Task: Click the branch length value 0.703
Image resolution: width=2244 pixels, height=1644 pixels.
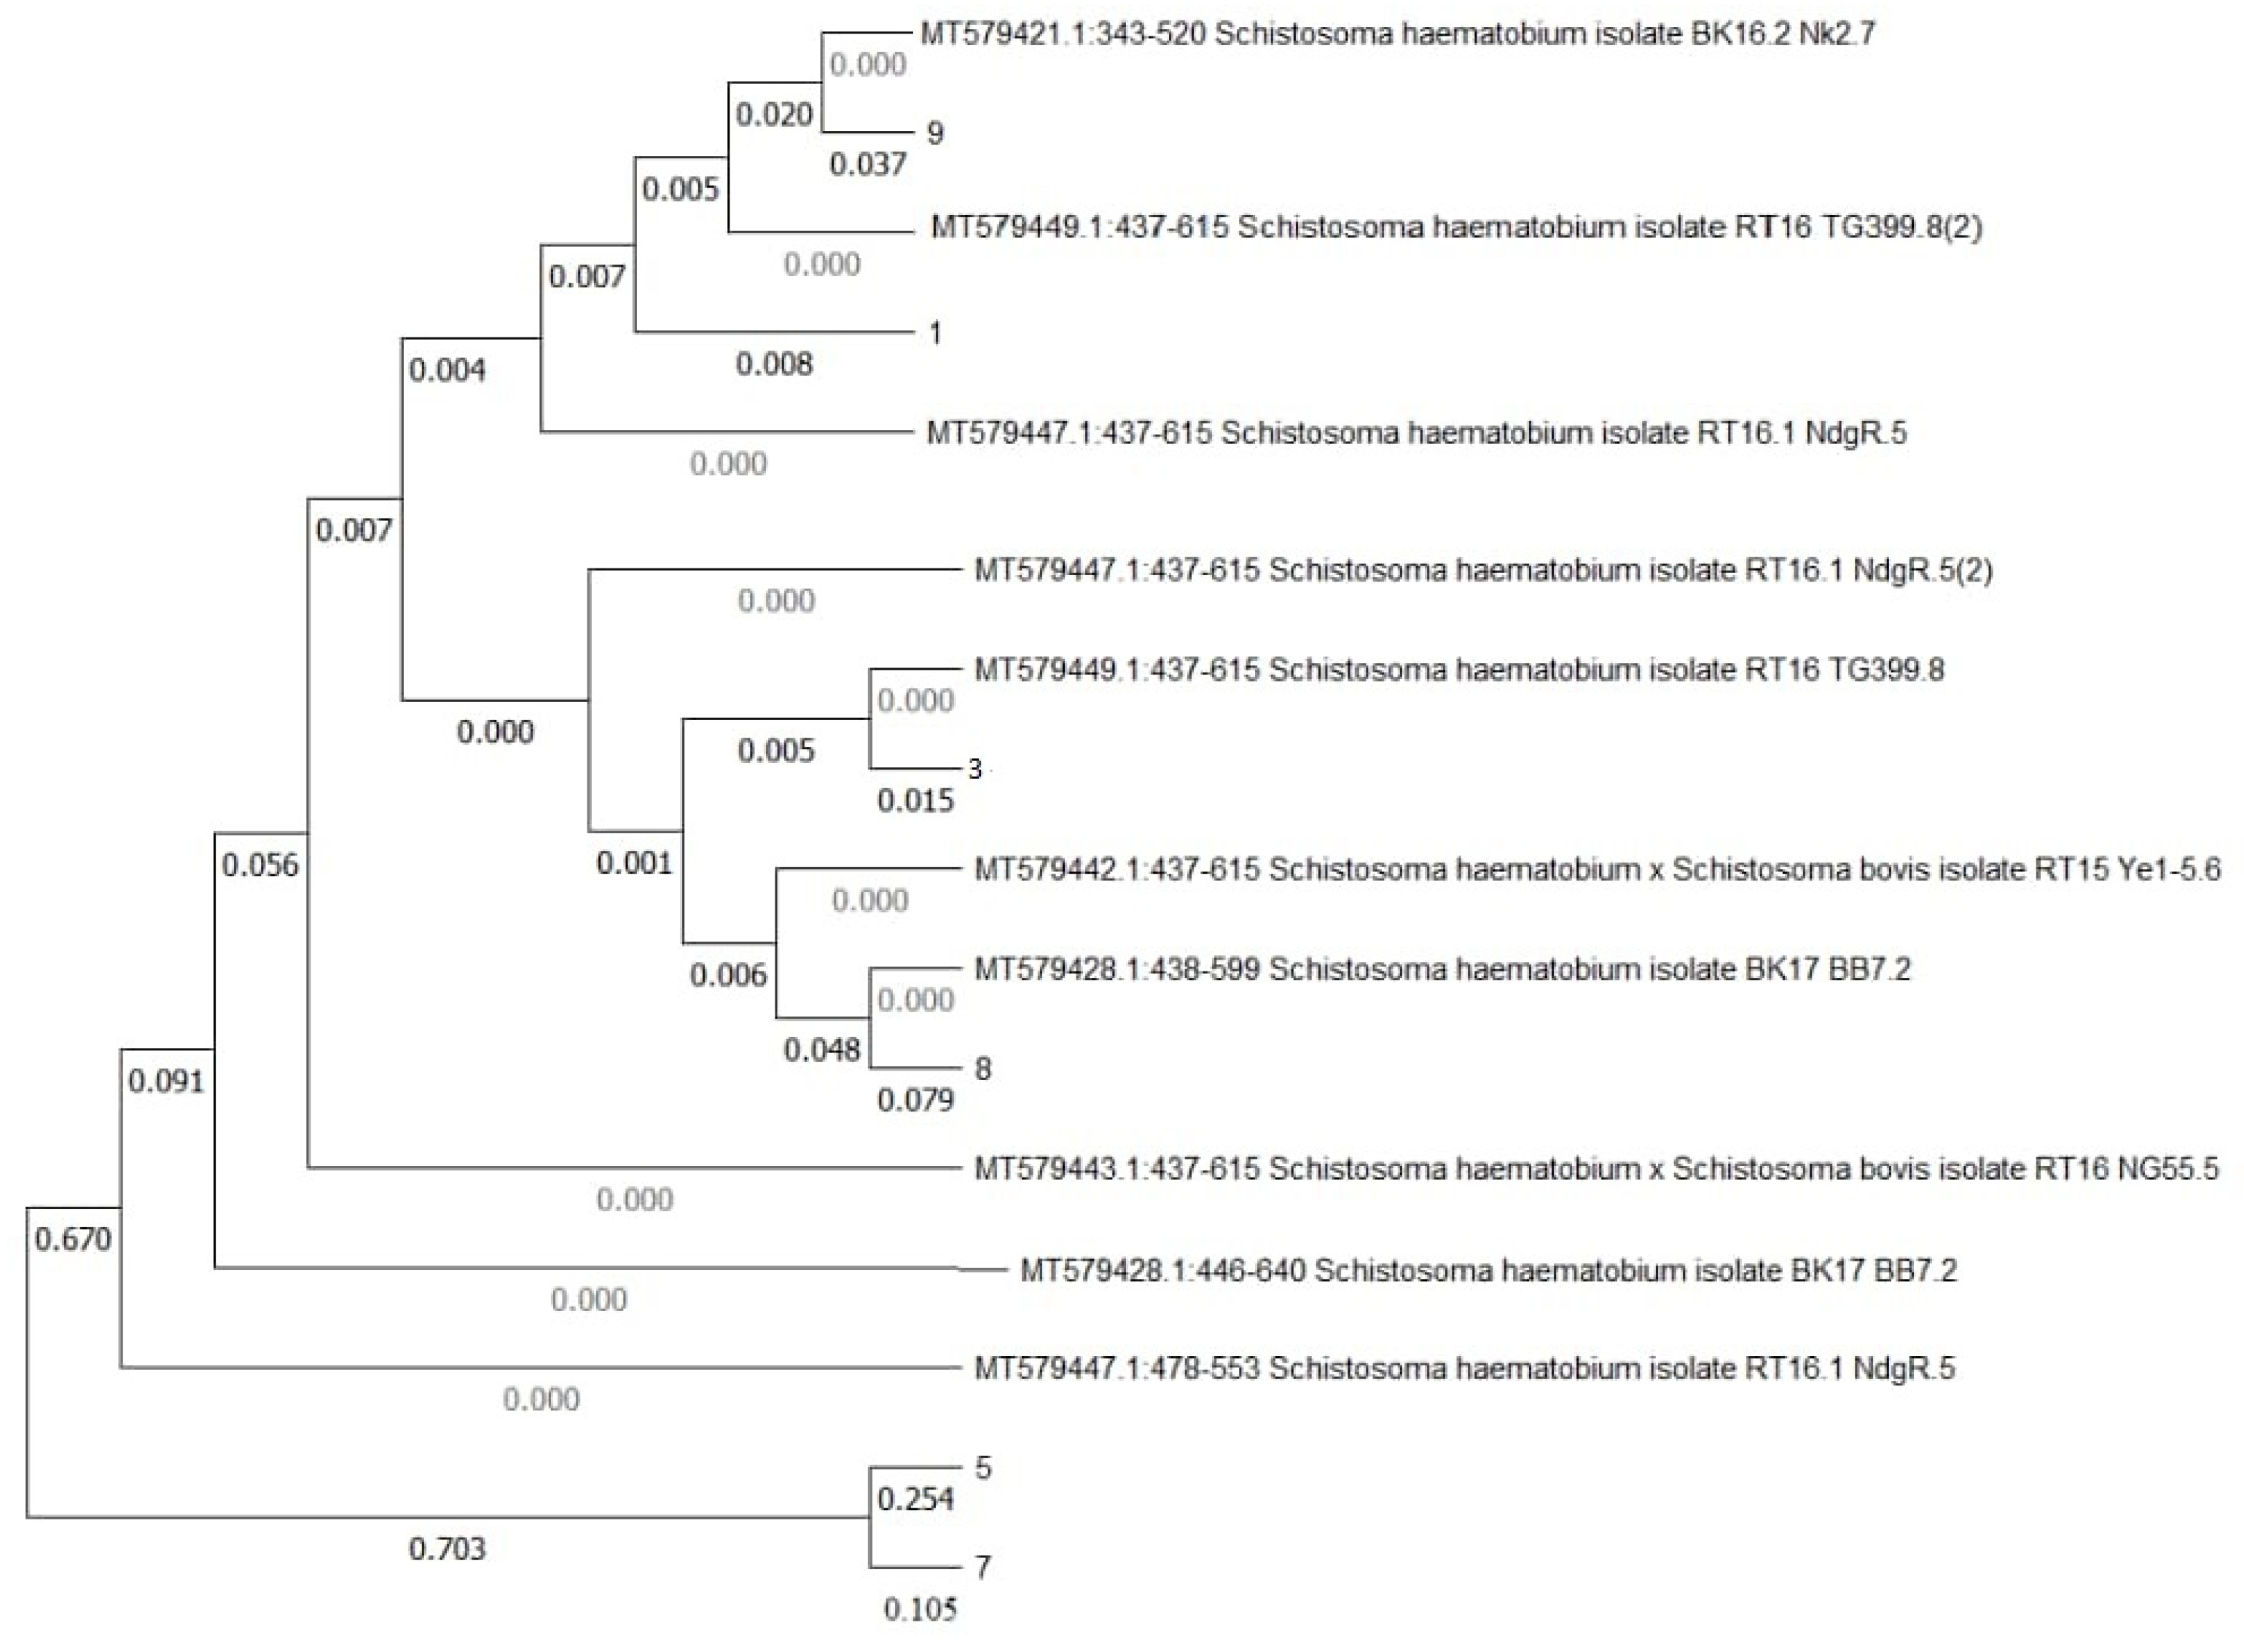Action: tap(447, 1549)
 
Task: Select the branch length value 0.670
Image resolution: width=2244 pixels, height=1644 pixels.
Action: tap(73, 1239)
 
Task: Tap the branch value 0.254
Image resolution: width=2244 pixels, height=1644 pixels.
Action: tap(915, 1499)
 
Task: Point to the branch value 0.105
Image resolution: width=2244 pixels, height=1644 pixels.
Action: tap(920, 1609)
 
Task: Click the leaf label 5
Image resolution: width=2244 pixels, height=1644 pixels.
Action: tap(982, 1468)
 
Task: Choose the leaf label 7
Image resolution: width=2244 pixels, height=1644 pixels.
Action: tap(982, 1567)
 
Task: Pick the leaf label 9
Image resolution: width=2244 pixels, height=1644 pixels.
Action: tap(934, 133)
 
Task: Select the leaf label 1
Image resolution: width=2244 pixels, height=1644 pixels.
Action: tap(934, 332)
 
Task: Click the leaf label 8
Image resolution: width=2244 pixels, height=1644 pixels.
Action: tap(982, 1069)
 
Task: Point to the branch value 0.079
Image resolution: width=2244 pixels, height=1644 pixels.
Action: tap(915, 1100)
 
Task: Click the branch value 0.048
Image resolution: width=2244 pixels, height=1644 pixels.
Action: tap(821, 1049)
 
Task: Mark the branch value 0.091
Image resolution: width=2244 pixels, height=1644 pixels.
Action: tap(165, 1081)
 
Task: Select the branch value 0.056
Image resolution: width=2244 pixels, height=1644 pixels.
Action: tap(259, 865)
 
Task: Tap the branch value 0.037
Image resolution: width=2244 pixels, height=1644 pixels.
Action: tap(868, 164)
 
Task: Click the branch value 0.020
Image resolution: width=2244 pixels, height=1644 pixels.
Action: tap(774, 114)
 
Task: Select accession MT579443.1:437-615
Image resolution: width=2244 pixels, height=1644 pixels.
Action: tap(1117, 1168)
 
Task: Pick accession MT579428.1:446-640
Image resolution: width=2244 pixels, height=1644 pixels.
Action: tap(1162, 1271)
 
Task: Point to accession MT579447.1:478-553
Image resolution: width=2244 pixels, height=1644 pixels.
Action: tap(1117, 1369)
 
